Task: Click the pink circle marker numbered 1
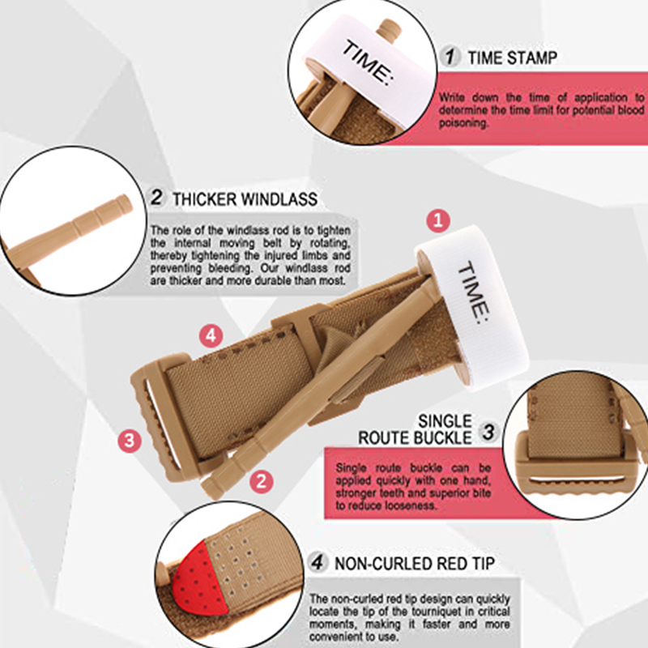[x=438, y=220]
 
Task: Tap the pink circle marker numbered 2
[x=261, y=481]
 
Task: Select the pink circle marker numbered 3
[x=130, y=440]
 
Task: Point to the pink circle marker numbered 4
[x=211, y=335]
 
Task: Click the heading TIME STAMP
[x=513, y=58]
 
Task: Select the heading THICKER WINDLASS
[x=245, y=199]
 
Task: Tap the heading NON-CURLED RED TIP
[x=415, y=563]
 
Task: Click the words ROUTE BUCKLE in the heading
[x=415, y=437]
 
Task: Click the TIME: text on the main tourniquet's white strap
[x=474, y=292]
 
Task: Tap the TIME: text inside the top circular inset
[x=368, y=63]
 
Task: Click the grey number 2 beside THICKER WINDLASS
[x=156, y=197]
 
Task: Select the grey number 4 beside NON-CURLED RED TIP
[x=318, y=562]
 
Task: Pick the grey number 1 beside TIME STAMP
[x=450, y=56]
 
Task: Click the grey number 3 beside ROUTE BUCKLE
[x=488, y=432]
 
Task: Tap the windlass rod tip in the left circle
[x=124, y=203]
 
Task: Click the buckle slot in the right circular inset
[x=577, y=480]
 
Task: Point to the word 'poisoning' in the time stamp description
[x=463, y=123]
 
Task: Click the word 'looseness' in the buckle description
[x=411, y=505]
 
